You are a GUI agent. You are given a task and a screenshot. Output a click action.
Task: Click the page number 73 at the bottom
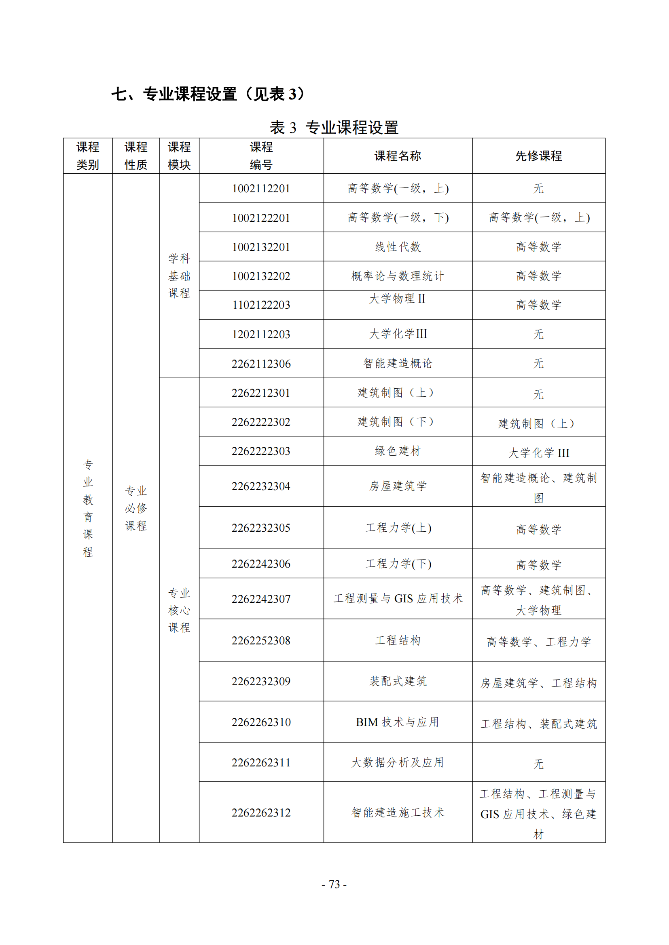tap(334, 884)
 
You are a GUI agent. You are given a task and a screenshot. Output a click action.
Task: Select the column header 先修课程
tap(538, 156)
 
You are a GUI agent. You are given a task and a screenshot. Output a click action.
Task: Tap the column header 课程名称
tap(398, 156)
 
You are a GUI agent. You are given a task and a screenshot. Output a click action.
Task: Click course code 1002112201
tap(261, 189)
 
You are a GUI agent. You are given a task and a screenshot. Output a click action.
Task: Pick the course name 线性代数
tap(398, 247)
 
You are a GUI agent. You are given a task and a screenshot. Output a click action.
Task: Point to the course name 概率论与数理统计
tap(398, 276)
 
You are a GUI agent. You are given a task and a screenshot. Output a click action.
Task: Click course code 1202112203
tap(261, 334)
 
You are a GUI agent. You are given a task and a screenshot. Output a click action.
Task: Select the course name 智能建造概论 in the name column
tap(398, 363)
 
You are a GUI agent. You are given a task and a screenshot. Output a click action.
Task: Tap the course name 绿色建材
tap(398, 451)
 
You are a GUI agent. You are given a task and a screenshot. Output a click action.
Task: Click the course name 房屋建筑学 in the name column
tap(398, 486)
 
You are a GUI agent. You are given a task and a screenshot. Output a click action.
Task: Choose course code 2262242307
tap(261, 599)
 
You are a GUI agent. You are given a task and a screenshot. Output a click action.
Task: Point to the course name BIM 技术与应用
tap(398, 722)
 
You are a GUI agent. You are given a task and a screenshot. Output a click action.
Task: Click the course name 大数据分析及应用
tap(398, 762)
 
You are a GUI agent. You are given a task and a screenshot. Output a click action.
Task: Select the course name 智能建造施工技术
tap(398, 812)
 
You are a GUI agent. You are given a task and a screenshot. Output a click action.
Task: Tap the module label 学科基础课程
tap(179, 276)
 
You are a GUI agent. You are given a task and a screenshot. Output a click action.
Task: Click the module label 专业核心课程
tap(179, 610)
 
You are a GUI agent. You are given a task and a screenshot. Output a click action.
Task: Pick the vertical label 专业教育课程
tap(88, 508)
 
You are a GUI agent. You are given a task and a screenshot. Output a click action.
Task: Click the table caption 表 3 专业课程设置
tap(334, 128)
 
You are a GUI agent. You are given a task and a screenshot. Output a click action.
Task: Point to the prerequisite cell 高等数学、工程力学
tap(538, 642)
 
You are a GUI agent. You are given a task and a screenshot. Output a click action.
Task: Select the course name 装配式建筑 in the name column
tap(398, 681)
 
